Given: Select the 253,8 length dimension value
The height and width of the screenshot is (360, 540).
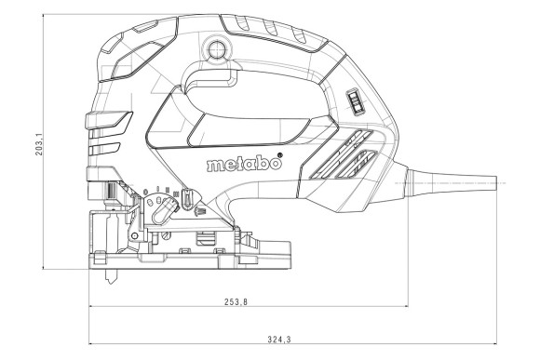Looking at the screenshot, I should coord(238,302).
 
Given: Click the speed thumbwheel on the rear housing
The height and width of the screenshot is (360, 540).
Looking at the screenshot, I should coord(353,101).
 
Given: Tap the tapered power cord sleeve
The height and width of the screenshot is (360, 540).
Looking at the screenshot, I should coord(438,183).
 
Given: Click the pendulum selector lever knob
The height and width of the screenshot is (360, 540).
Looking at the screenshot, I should coord(187,200).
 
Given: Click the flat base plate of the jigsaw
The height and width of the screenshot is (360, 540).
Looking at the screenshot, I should coord(186,259).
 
